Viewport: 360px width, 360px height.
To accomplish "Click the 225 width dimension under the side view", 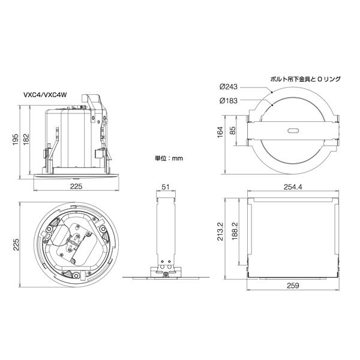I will point(76,187).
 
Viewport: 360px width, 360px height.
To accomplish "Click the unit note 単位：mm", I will point(169,159).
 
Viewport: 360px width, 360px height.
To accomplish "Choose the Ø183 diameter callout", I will point(229,100).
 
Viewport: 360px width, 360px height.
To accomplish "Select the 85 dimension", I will point(232,131).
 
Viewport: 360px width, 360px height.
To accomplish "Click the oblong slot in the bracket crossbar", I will point(292,130).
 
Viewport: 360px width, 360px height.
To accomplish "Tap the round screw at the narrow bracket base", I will point(166,275).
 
